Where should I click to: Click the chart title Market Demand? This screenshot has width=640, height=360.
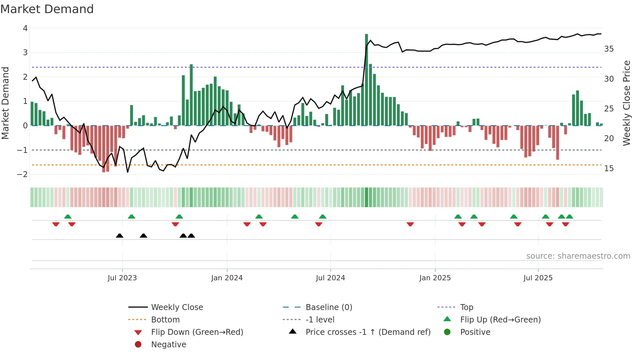[x=47, y=9]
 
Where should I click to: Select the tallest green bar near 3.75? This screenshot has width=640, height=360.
[x=366, y=78]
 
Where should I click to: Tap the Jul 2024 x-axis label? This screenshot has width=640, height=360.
[x=330, y=278]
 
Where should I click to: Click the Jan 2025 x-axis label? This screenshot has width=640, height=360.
[x=435, y=278]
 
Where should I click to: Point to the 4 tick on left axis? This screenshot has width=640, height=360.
[x=25, y=28]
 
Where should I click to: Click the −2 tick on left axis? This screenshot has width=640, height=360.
[x=23, y=174]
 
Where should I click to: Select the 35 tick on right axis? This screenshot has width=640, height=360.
[x=609, y=49]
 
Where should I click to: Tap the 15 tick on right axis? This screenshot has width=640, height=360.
[x=609, y=169]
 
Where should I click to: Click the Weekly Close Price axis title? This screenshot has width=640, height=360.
[x=626, y=103]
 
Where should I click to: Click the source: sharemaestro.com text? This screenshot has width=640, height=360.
[x=578, y=256]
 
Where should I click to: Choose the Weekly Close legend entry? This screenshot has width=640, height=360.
[x=177, y=307]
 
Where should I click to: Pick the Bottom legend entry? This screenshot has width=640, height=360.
[x=165, y=320]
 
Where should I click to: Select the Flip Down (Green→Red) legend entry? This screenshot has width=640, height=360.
[x=197, y=332]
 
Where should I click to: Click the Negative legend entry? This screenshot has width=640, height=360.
[x=168, y=345]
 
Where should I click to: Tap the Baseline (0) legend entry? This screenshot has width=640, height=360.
[x=328, y=307]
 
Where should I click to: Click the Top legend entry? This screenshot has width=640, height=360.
[x=466, y=307]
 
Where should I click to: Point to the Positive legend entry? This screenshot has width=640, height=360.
[x=475, y=332]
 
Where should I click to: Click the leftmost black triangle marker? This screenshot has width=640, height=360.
[x=120, y=236]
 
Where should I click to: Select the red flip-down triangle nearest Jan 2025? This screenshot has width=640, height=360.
[x=410, y=224]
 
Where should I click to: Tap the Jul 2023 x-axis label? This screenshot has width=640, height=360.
[x=122, y=278]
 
